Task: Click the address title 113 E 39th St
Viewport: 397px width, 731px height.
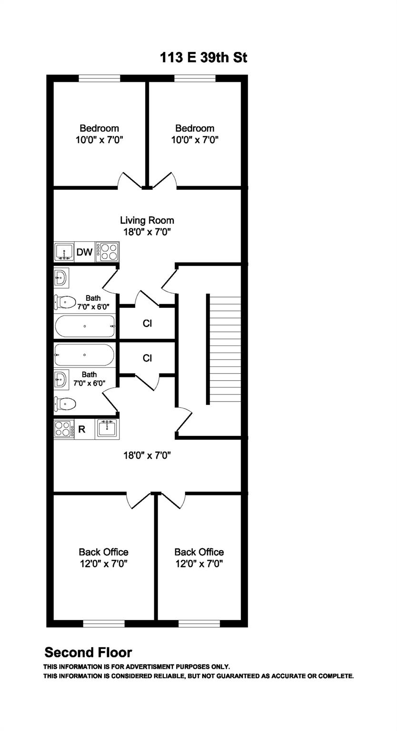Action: [203, 58]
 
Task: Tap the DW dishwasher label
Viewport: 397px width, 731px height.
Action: [84, 252]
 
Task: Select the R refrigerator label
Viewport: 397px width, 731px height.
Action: [81, 429]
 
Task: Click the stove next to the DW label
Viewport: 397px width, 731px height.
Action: [107, 252]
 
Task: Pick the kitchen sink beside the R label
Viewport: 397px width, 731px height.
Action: [107, 428]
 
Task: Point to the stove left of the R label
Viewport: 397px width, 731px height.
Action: [62, 429]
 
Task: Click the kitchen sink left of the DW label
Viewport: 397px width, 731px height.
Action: [64, 252]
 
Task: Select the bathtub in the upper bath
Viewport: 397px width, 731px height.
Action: [85, 326]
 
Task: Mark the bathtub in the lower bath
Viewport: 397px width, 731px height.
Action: [84, 355]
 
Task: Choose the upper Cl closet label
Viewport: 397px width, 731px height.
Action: [147, 324]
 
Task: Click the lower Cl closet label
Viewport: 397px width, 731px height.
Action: [147, 358]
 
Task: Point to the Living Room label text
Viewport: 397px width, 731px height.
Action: [147, 220]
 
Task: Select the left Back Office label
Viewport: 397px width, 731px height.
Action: [103, 552]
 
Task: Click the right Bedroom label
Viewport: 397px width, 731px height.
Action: [195, 128]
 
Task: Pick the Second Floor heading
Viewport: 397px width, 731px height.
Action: [88, 652]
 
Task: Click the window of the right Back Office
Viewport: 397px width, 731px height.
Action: [199, 623]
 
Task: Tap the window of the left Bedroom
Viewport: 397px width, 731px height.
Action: [99, 79]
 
